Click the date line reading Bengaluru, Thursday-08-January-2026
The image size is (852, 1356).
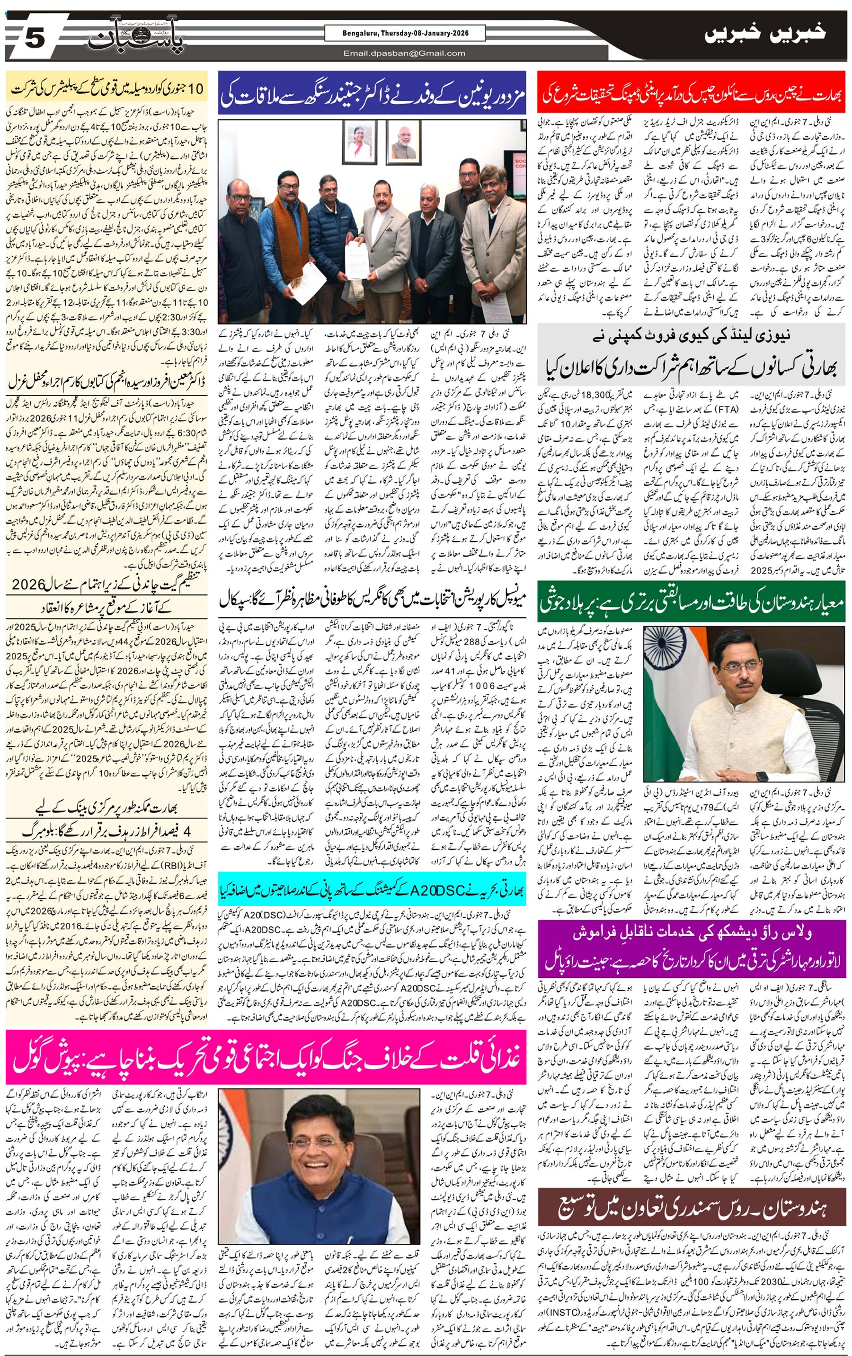click(405, 33)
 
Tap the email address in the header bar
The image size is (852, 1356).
click(404, 53)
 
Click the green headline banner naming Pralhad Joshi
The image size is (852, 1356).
click(691, 603)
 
